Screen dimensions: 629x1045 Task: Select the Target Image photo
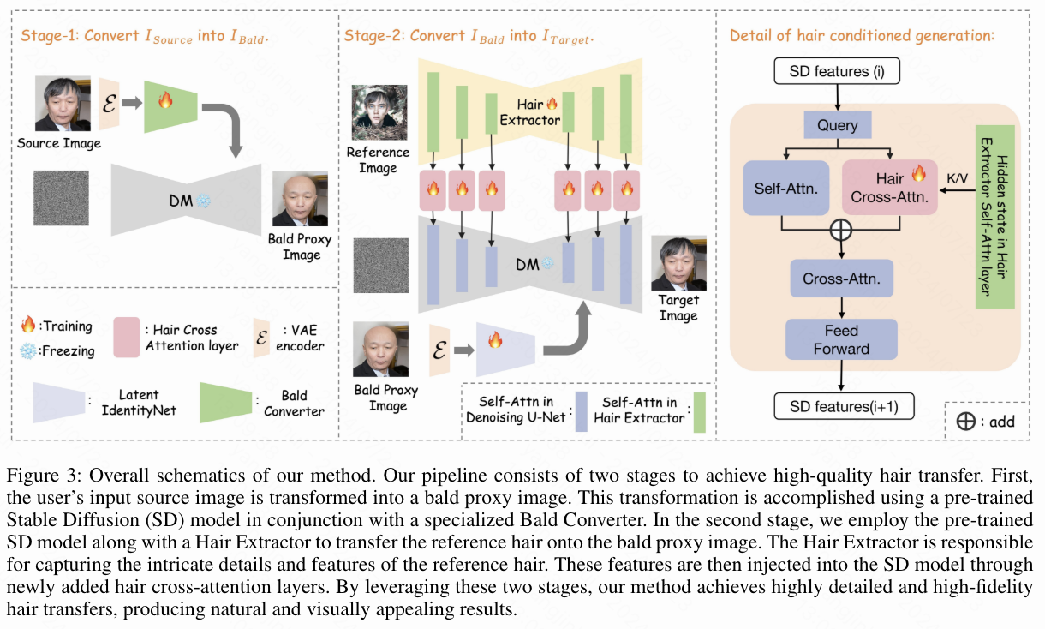coord(678,263)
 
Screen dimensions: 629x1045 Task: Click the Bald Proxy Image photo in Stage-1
coord(300,199)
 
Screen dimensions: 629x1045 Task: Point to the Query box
coord(837,125)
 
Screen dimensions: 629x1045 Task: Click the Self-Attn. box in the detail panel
coord(786,189)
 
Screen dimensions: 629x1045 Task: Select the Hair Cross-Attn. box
coord(889,189)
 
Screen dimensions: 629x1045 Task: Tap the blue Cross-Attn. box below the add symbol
coord(842,279)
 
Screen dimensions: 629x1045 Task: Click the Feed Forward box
coord(842,339)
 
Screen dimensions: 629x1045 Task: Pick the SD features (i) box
coord(837,70)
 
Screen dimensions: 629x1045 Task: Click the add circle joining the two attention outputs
coord(842,229)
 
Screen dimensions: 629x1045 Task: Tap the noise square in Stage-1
coord(62,197)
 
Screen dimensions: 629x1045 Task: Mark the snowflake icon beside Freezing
coord(28,350)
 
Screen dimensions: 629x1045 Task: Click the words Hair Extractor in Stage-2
coord(530,112)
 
